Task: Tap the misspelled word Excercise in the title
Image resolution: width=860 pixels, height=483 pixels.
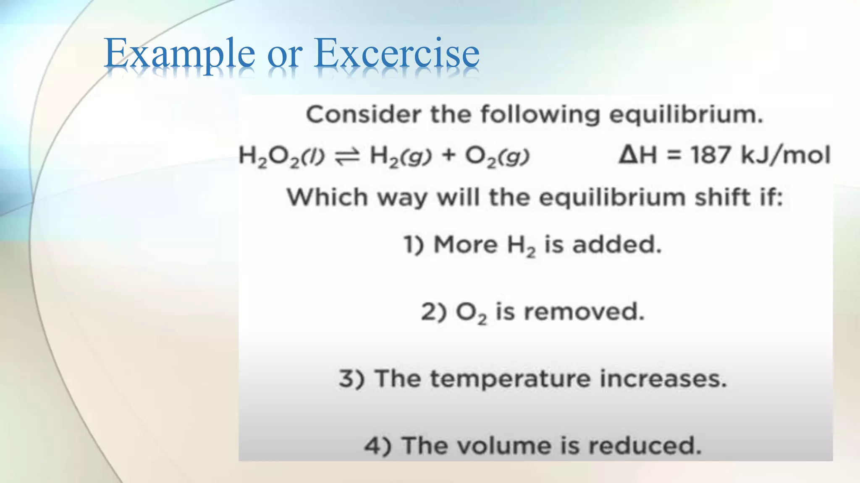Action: coord(397,53)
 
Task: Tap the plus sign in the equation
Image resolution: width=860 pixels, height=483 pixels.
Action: coord(449,156)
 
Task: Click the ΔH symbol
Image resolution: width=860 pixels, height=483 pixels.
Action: coord(637,155)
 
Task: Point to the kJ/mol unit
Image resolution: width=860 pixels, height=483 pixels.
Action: coord(785,155)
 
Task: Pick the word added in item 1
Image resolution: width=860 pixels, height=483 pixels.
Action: coord(616,244)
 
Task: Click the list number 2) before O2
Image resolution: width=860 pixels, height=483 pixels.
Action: coord(434,312)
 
